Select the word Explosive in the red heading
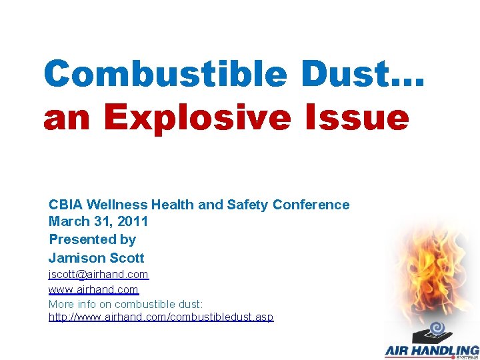point(197,119)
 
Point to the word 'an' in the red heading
point(69,119)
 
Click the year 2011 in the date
point(132,222)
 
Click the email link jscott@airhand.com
point(99,275)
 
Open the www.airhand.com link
point(93,290)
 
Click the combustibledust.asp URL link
point(161,317)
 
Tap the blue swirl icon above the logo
point(437,327)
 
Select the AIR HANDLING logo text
point(432,351)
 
